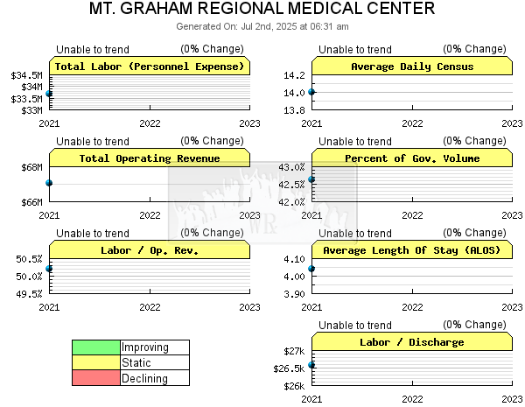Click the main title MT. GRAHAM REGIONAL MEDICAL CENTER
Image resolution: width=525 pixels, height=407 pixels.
[262, 9]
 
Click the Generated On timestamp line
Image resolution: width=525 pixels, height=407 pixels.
[262, 26]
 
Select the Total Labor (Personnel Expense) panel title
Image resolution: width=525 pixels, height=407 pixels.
[150, 67]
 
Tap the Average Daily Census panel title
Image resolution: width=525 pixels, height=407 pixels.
[412, 67]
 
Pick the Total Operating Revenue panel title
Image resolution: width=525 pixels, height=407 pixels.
[150, 158]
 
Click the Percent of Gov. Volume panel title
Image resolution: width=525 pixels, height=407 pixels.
[412, 158]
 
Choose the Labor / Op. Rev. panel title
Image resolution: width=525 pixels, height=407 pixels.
[150, 250]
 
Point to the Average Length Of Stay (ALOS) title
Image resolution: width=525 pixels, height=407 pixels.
[412, 250]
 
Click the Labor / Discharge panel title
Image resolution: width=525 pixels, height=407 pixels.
[412, 342]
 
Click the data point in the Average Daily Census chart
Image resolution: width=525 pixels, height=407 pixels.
[311, 92]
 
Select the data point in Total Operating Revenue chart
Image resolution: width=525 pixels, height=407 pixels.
[49, 183]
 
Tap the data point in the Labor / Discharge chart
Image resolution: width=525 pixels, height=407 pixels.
[311, 365]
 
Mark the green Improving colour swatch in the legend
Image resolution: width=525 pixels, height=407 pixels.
[96, 347]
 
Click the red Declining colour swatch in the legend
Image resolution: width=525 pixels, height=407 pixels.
[96, 377]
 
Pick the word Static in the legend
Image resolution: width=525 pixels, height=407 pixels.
[136, 362]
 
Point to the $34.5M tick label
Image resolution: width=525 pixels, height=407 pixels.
[27, 75]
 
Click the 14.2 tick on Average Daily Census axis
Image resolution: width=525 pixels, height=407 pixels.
[294, 75]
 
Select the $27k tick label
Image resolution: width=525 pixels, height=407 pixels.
[294, 351]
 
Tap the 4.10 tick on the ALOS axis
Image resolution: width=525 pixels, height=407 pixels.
[294, 259]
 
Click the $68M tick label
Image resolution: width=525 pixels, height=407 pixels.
[32, 167]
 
